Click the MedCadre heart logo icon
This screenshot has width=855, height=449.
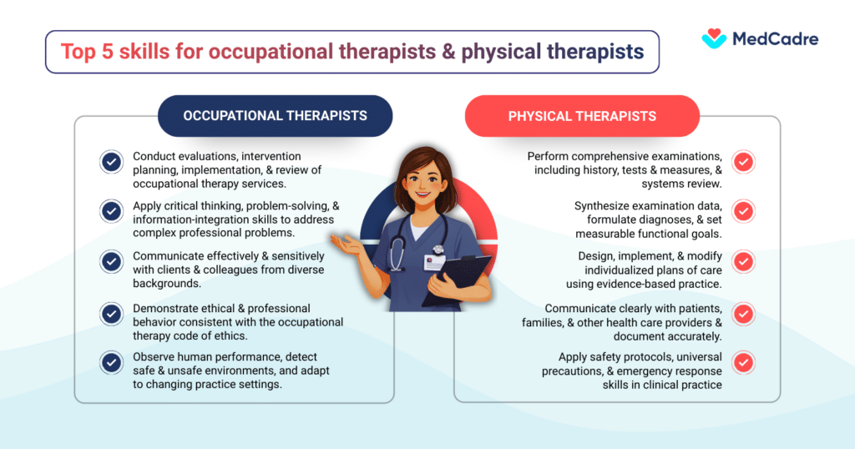[714, 38]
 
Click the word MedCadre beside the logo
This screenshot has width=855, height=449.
[775, 38]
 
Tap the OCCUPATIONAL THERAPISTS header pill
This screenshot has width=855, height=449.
[275, 116]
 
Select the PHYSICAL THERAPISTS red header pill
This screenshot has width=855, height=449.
[582, 116]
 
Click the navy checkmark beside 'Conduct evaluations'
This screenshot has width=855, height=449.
[111, 162]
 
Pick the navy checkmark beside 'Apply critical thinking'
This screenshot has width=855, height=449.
[111, 212]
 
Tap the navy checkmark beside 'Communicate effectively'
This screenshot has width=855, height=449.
[111, 263]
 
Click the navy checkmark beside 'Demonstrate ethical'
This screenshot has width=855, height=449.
[111, 314]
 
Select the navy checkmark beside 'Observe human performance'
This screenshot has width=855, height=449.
[111, 362]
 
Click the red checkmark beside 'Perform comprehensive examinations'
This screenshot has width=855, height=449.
[742, 162]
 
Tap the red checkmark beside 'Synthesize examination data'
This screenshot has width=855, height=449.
[742, 212]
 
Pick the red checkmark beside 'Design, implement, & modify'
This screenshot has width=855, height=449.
[742, 263]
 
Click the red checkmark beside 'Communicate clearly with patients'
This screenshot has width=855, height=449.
[742, 314]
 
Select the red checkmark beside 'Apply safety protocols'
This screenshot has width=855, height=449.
[742, 362]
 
